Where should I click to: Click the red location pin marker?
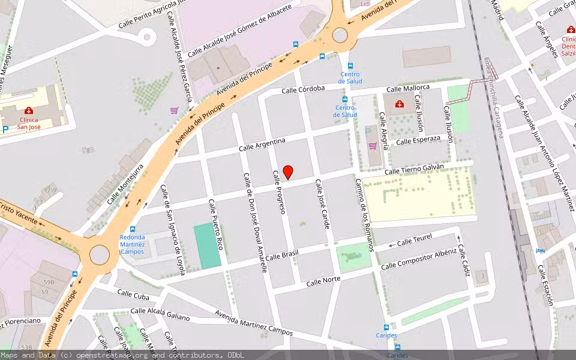[288, 172]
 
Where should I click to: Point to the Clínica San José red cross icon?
[28, 110]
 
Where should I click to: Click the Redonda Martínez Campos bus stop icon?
[132, 229]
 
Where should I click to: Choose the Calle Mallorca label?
[408, 88]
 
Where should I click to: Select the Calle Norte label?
[323, 280]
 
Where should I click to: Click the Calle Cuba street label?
[133, 294]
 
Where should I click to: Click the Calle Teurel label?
[415, 240]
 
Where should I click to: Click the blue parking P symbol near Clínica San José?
[5, 129]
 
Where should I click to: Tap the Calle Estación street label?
[545, 285]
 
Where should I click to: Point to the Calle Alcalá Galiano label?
[160, 314]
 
